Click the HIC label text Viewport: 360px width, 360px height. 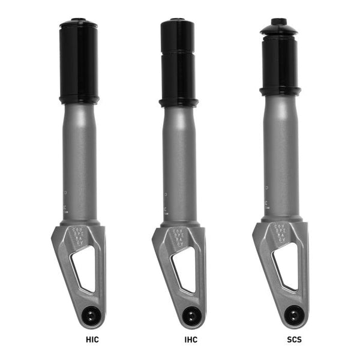[x=92, y=340]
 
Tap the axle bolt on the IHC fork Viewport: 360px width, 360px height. [x=191, y=314]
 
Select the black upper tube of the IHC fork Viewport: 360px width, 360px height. [x=179, y=60]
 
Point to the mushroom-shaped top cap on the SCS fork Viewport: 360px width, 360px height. [x=280, y=27]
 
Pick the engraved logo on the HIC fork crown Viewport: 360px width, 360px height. [x=79, y=235]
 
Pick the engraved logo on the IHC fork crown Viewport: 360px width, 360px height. [x=179, y=235]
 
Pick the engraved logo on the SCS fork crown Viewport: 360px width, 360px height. [x=280, y=235]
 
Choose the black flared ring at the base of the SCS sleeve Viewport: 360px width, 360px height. [x=280, y=91]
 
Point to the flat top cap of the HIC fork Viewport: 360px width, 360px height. [x=79, y=23]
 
